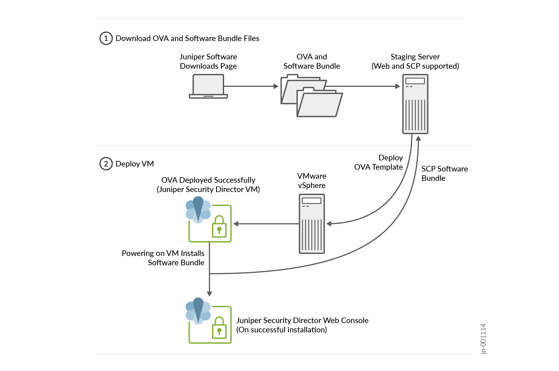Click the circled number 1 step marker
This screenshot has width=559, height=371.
[106, 38]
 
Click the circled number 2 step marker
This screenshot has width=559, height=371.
[106, 164]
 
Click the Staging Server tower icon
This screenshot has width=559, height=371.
[415, 104]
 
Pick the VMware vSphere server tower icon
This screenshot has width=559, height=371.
[312, 224]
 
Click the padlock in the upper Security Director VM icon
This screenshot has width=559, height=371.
[219, 227]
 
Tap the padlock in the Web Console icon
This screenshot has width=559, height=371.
[219, 328]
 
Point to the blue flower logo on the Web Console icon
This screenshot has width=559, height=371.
[198, 311]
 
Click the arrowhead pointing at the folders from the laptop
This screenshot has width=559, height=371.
[276, 86]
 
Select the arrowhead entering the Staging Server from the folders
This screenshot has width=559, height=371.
[398, 86]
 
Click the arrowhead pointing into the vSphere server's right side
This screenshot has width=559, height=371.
[329, 224]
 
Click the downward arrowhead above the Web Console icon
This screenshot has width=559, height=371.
[209, 294]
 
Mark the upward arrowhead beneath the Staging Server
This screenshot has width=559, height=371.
[418, 138]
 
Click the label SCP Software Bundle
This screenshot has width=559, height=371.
[444, 173]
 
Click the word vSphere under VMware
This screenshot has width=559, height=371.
[311, 185]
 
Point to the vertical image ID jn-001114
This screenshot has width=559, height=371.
[483, 339]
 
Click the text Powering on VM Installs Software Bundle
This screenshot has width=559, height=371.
[163, 258]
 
